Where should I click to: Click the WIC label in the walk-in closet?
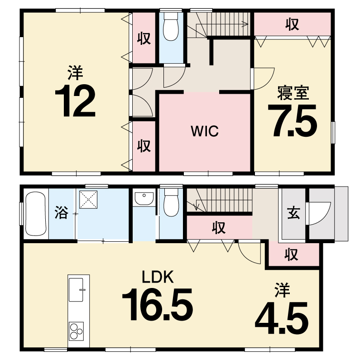pos(205,131)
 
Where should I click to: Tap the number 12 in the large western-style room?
pos(75,101)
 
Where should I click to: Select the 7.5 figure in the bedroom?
pos(292,121)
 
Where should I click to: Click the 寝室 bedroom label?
pos(293,92)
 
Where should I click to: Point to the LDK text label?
pos(158,277)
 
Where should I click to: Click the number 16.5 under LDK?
pos(158,304)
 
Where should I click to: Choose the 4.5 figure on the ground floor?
pos(282,318)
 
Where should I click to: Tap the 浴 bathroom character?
pos(61,212)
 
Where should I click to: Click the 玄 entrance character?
pos(293,212)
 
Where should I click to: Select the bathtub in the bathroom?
pos(36,214)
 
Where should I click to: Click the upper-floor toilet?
pos(171,26)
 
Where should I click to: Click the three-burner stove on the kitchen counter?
pos(76,331)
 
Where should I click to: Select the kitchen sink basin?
pos(76,290)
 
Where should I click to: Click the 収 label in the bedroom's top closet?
pos(292,24)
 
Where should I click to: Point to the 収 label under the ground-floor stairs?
pos(219,227)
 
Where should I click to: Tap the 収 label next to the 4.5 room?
pos(291,254)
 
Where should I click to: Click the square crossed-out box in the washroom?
pos(88,200)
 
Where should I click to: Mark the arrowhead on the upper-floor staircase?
pos(246,24)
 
